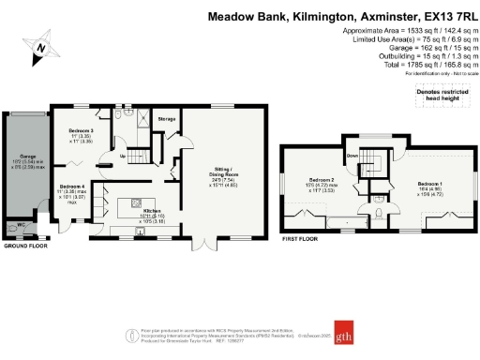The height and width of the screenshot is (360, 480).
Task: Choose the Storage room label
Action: click(x=167, y=120)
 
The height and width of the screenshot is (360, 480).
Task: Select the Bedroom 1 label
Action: click(x=429, y=183)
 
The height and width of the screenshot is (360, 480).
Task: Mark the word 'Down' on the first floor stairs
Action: click(x=353, y=155)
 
